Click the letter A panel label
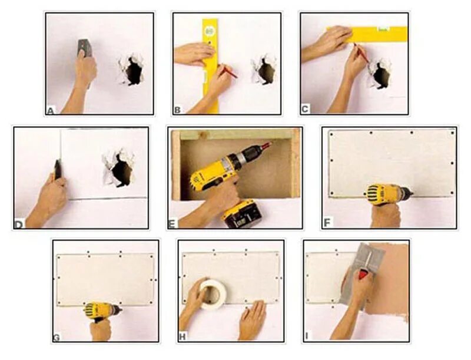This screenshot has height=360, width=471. [x=51, y=111]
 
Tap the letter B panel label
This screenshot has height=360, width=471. [x=177, y=110]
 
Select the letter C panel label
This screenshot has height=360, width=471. [x=305, y=109]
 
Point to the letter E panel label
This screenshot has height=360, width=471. [x=172, y=224]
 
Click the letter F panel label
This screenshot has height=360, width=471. [x=327, y=223]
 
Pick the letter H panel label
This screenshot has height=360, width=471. [x=183, y=337]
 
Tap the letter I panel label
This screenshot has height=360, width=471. [x=307, y=336]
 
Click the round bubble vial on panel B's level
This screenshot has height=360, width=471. [x=210, y=31]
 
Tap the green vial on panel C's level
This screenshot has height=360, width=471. [x=383, y=29]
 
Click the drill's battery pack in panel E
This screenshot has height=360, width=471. [x=242, y=214]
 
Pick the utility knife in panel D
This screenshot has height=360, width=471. [x=57, y=170]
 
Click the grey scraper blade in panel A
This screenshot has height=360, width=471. [x=84, y=47]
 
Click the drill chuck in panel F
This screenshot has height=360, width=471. [x=407, y=191]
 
